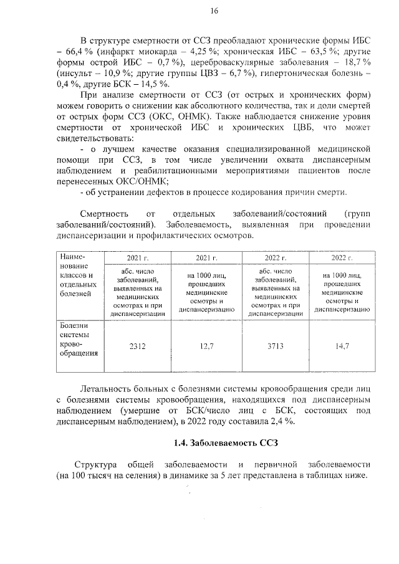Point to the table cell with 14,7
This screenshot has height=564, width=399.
click(x=342, y=345)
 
